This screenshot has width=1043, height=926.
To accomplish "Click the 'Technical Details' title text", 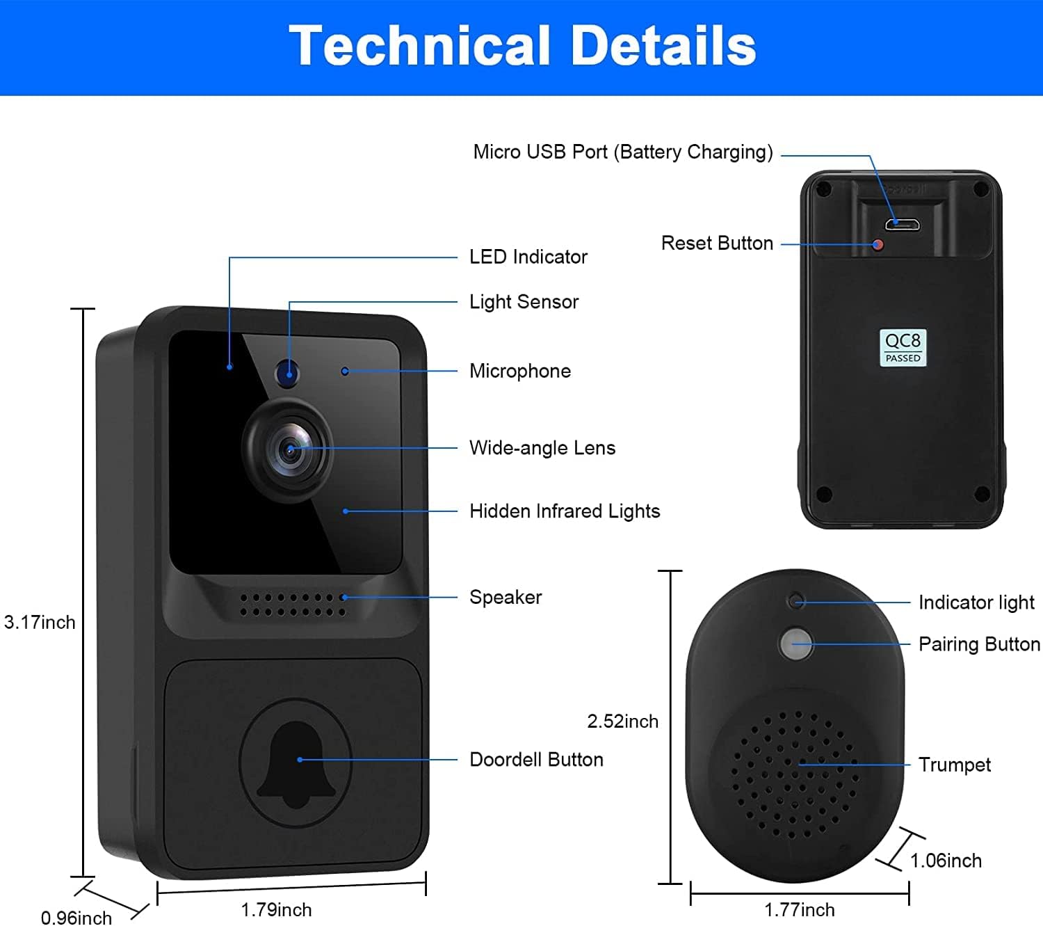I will (522, 46).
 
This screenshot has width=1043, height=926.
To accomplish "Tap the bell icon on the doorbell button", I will (296, 765).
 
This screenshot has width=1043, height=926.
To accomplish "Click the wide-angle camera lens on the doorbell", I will (289, 450).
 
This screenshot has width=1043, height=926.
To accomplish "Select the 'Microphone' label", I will (520, 371).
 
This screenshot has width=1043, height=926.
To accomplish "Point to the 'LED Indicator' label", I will (528, 257).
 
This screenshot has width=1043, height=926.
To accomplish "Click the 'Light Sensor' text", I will (524, 302).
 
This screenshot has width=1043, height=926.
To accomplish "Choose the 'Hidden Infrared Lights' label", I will (565, 511).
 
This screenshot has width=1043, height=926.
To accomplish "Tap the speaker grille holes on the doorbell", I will (293, 605).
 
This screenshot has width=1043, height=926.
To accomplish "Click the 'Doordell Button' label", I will (536, 760).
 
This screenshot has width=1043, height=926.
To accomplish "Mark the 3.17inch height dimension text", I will (40, 622).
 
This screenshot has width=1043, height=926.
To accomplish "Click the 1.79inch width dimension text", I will (276, 910).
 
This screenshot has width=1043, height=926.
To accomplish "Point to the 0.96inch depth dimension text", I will (76, 918).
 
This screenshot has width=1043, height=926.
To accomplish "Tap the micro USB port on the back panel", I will (902, 224).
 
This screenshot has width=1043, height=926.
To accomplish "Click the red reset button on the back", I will (878, 245).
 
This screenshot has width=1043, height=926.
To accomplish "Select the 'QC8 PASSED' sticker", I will (903, 347).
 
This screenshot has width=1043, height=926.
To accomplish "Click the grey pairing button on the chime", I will (795, 644).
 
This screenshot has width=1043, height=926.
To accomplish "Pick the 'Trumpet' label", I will (954, 765).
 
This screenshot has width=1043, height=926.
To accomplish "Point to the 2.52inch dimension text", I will (622, 721).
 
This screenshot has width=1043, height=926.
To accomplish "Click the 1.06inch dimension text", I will (946, 861).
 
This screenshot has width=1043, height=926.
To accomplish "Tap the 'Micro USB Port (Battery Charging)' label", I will (623, 152).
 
